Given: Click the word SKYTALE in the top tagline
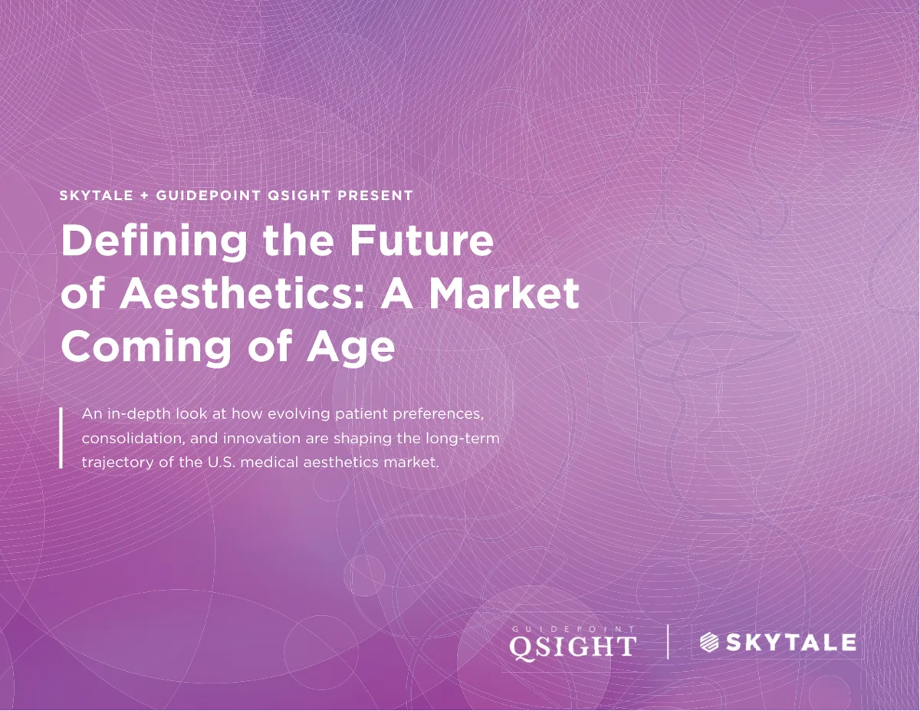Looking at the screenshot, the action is click(96, 196).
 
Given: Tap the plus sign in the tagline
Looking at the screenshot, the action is click(144, 196).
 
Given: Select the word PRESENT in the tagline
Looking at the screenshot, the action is click(375, 196).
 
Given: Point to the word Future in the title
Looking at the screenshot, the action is click(422, 241).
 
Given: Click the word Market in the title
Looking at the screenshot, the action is click(504, 294).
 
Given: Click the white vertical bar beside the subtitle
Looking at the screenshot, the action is click(61, 437).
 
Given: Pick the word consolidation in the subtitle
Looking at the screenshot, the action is click(133, 438).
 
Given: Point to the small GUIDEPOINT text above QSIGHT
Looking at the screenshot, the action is click(573, 630).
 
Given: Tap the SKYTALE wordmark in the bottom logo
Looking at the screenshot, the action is click(791, 643).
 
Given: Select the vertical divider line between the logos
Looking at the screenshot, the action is click(668, 642).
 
